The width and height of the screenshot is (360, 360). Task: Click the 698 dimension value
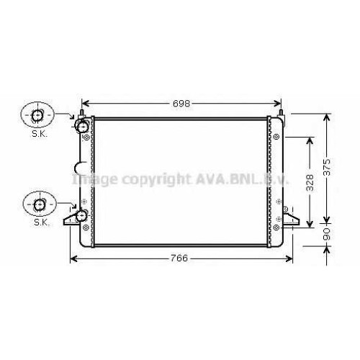(181, 104)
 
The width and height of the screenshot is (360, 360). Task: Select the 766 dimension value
(179, 258)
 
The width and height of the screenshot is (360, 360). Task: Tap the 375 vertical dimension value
(327, 167)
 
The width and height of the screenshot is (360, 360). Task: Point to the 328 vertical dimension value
(310, 183)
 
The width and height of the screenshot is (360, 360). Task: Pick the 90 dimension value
(327, 234)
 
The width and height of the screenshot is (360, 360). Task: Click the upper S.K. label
(40, 134)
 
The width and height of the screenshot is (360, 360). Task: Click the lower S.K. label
(42, 222)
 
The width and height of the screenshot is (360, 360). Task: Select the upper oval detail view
(37, 115)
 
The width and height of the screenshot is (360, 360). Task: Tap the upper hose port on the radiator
(82, 126)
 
